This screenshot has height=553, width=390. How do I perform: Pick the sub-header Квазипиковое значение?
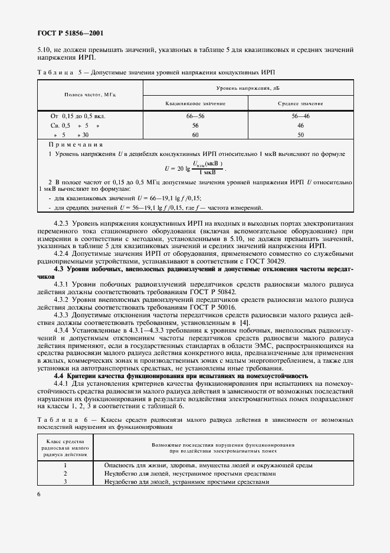195,103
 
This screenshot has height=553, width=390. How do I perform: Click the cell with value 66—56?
195,117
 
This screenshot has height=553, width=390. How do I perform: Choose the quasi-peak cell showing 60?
195,135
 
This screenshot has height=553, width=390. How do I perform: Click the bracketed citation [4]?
244,324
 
